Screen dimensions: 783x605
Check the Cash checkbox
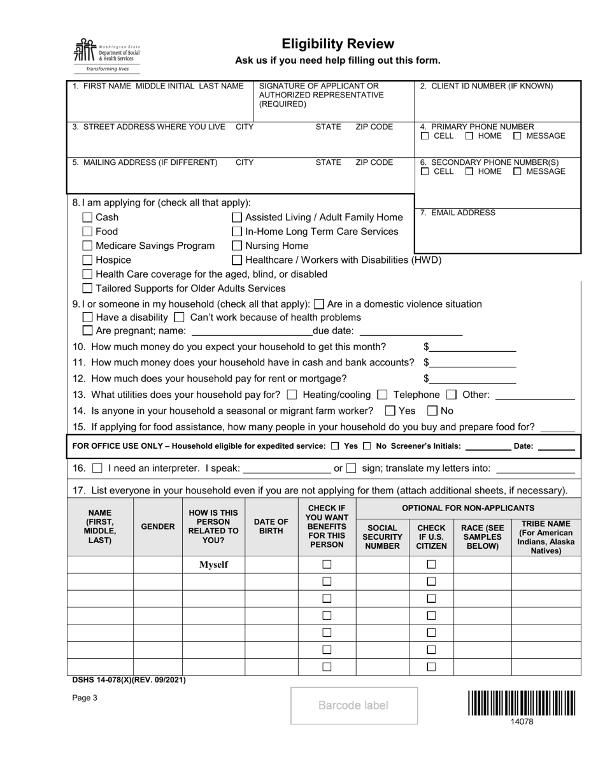[88, 218]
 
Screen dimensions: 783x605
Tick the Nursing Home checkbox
[237, 246]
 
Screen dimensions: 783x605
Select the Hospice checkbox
[88, 260]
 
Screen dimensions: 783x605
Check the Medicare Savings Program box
[88, 246]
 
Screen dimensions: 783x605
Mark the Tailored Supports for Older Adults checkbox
[88, 288]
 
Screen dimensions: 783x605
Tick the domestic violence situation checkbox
[320, 304]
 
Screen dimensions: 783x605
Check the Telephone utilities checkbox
[382, 395]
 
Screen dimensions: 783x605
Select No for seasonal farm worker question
[432, 411]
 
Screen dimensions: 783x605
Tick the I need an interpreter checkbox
[97, 469]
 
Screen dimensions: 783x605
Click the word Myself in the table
[213, 565]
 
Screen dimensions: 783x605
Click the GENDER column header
[158, 526]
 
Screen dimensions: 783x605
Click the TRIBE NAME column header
[546, 537]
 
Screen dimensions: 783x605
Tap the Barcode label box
[354, 705]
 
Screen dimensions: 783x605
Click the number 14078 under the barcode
[522, 721]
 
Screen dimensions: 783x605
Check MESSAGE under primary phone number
[517, 136]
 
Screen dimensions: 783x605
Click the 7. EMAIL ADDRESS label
[457, 213]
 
